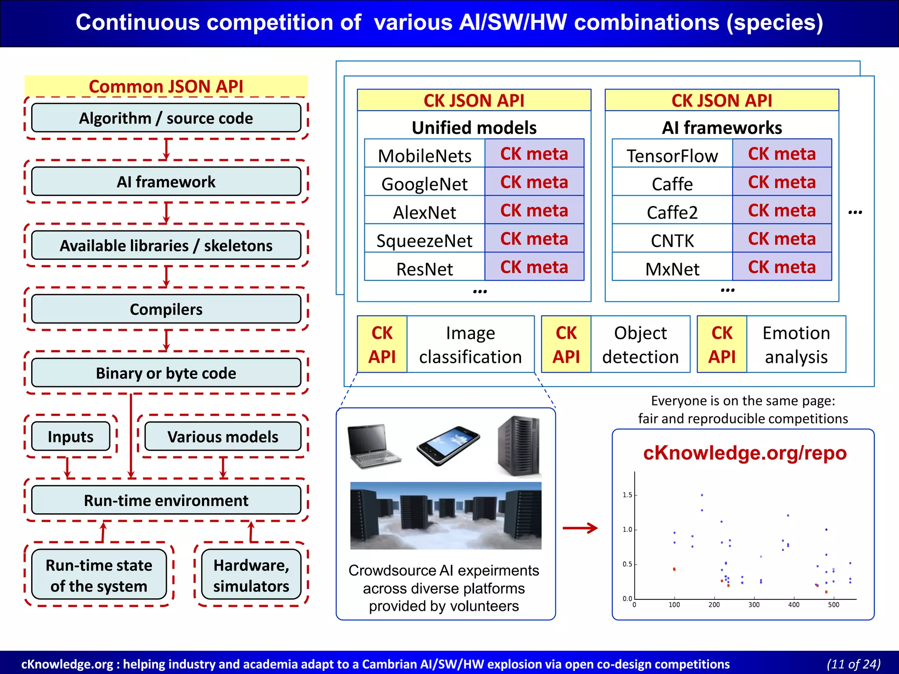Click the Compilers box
(x=166, y=309)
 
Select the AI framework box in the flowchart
(x=166, y=182)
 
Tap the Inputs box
(x=71, y=436)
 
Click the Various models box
(x=223, y=436)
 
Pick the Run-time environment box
(x=166, y=500)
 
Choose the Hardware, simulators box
(x=251, y=575)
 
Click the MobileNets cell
(x=424, y=155)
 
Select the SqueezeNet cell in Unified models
(x=424, y=240)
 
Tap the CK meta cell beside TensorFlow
(x=782, y=154)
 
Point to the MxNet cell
(x=672, y=269)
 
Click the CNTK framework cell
(x=672, y=240)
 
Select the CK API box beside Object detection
(x=566, y=344)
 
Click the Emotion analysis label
(x=796, y=344)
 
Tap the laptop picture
(x=374, y=446)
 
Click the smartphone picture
(x=448, y=445)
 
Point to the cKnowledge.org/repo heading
(x=744, y=453)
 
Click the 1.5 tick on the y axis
(x=627, y=495)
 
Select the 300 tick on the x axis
(x=754, y=605)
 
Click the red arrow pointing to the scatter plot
(x=580, y=528)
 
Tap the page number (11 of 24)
(x=853, y=664)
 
